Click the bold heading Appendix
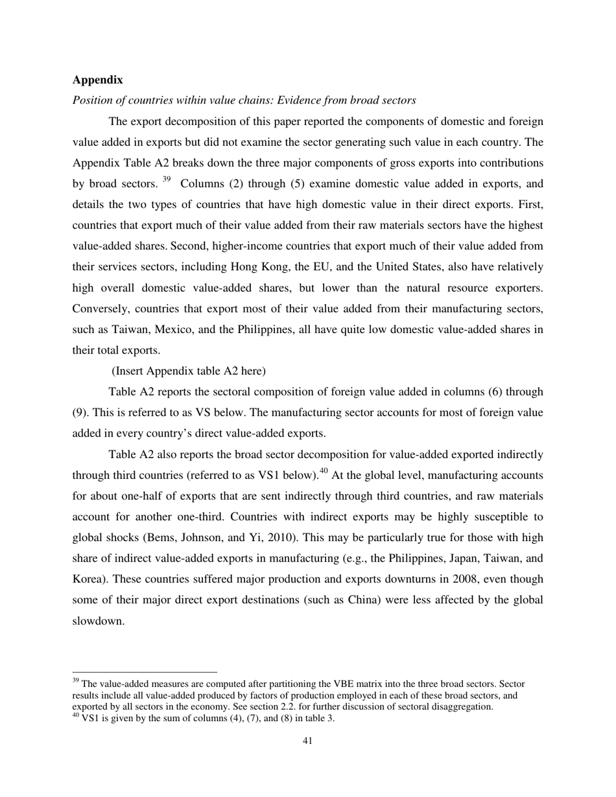point(97,80)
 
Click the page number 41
point(308,741)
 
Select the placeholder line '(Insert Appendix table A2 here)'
point(188,371)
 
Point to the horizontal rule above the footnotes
point(145,672)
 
